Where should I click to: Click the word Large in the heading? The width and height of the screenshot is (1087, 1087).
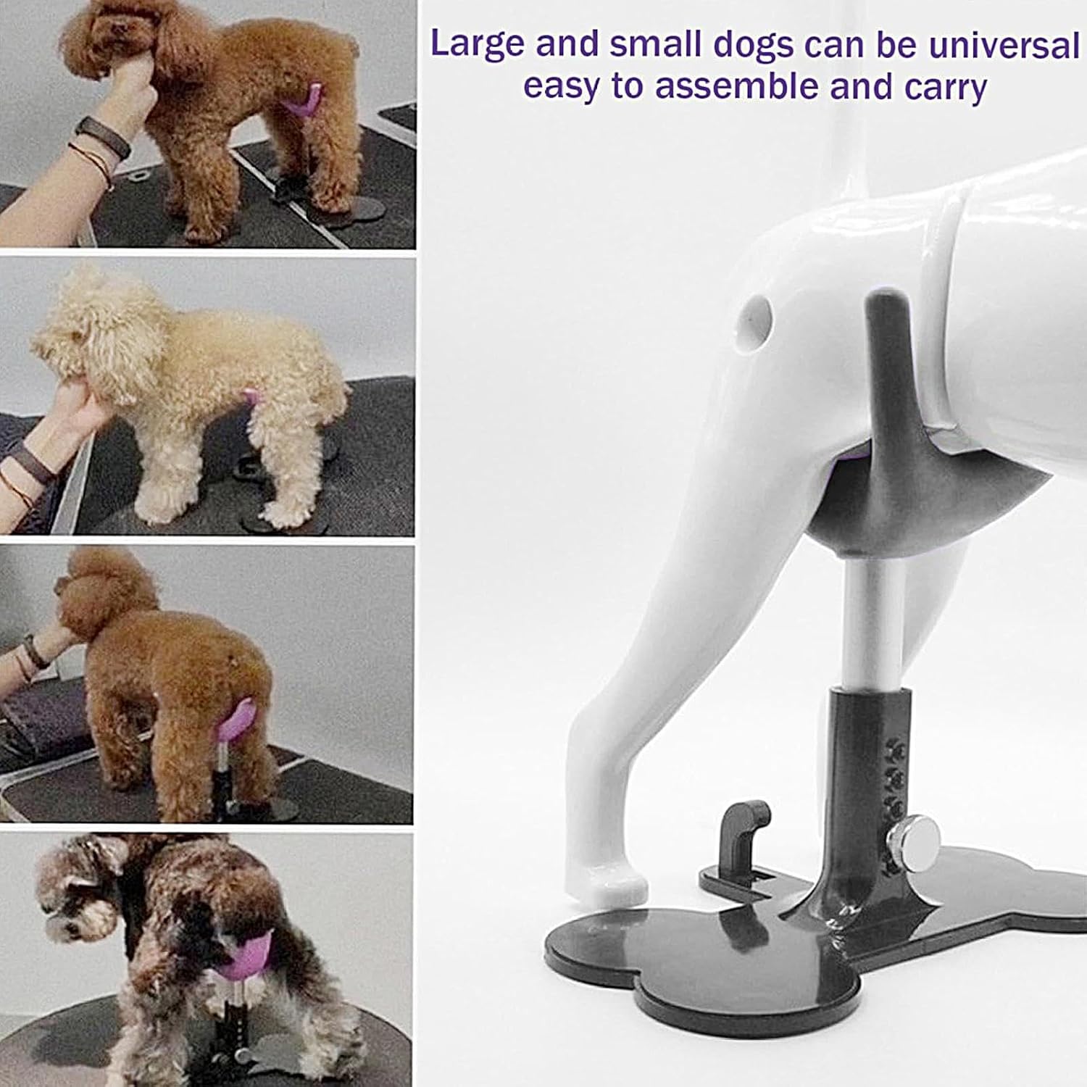tap(477, 45)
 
